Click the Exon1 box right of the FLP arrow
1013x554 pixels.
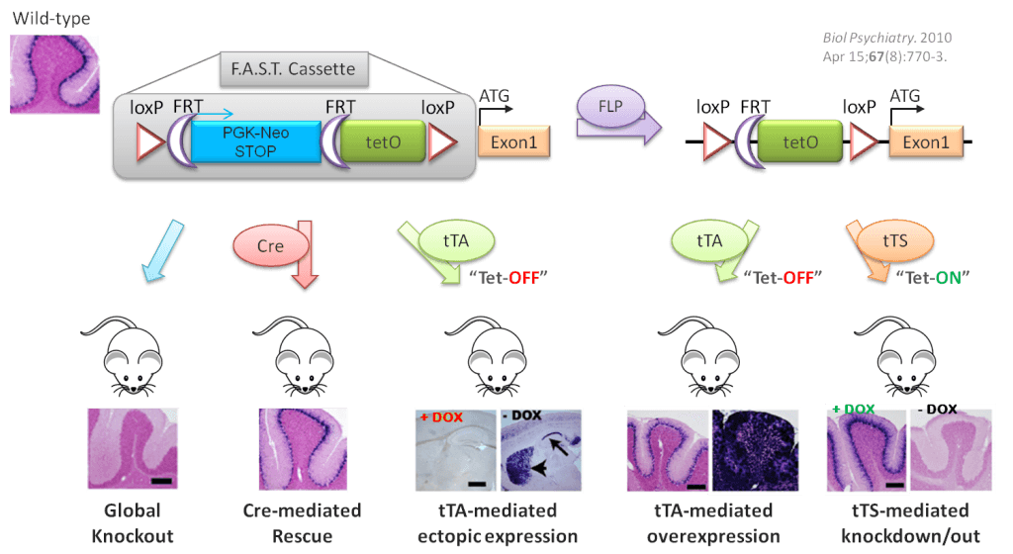925,142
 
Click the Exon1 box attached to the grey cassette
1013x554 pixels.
514,143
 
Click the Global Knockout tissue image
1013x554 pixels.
131,450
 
